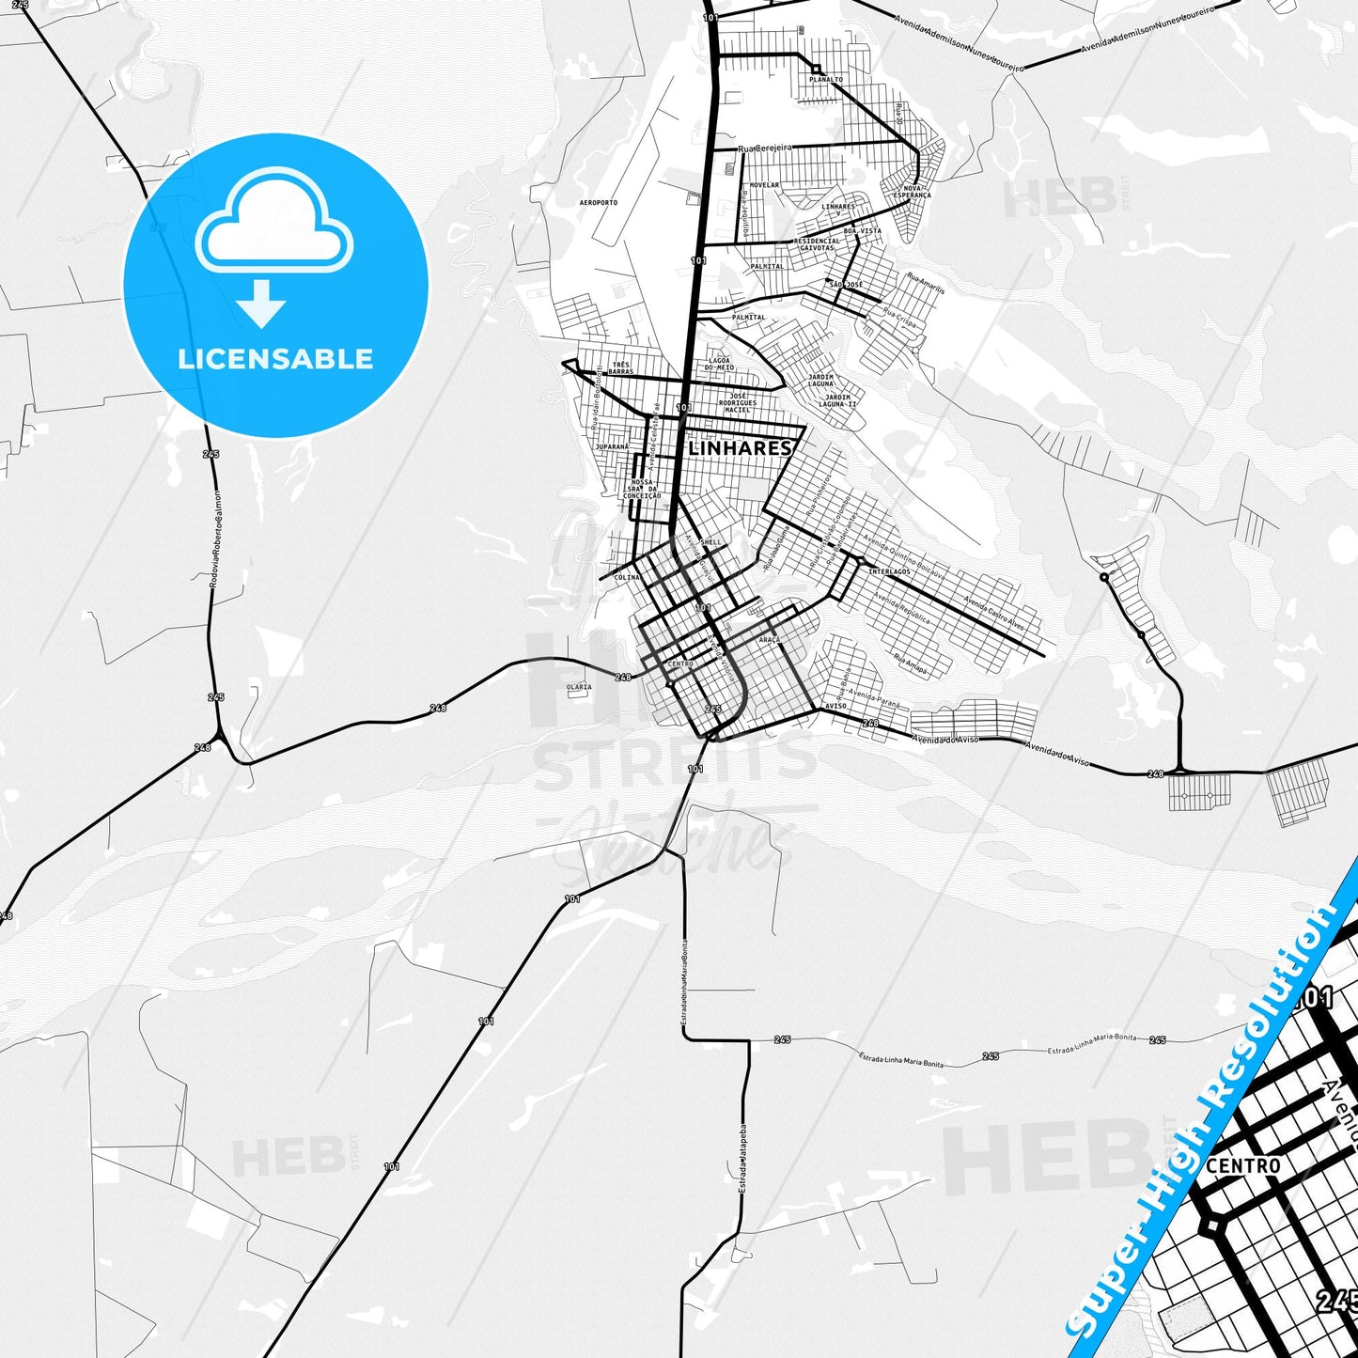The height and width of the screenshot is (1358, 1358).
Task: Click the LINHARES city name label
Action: click(x=740, y=448)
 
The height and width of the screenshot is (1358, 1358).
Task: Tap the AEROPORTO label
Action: click(x=599, y=203)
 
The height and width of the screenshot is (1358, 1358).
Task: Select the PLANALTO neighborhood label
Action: click(x=826, y=80)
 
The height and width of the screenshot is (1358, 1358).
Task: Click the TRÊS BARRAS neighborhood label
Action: click(x=620, y=367)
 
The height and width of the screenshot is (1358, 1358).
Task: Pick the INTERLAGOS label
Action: click(x=888, y=571)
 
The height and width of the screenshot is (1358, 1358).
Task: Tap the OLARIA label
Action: click(x=579, y=687)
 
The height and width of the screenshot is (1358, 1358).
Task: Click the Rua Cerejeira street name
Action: click(x=765, y=148)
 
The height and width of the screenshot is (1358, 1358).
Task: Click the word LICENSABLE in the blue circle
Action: click(x=275, y=359)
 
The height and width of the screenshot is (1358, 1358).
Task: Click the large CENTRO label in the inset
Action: click(x=1242, y=1166)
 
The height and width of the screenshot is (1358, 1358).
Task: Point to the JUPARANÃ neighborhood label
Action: click(x=612, y=446)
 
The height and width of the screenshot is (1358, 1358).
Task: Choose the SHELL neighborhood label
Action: click(x=711, y=542)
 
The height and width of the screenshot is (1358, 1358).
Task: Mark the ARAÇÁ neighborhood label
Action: click(x=769, y=639)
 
